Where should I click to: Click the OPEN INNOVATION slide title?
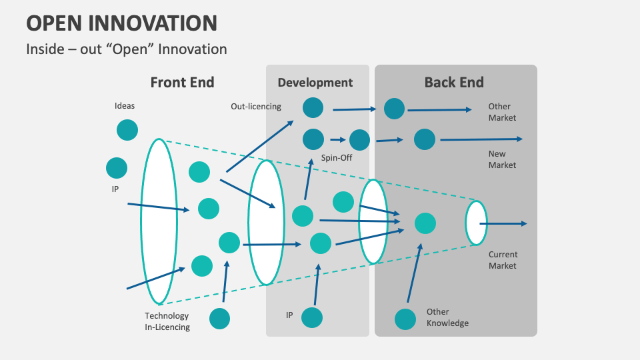[122, 23]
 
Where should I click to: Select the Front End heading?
[182, 83]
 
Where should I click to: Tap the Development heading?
[315, 83]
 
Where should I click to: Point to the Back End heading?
[454, 83]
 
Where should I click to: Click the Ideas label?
[125, 106]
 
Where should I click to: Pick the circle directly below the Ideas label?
[127, 129]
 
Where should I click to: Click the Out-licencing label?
[256, 106]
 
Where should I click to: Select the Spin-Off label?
[337, 158]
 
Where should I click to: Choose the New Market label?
[502, 159]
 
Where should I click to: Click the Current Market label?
[503, 260]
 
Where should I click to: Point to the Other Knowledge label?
[447, 317]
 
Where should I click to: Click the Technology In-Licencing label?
[167, 321]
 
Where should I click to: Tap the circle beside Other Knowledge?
[405, 319]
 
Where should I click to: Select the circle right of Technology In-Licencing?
[219, 319]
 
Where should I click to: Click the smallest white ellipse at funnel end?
[476, 223]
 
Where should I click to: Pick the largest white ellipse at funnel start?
[159, 221]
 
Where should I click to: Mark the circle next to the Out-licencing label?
[313, 107]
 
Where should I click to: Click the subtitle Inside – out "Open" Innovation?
[127, 49]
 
